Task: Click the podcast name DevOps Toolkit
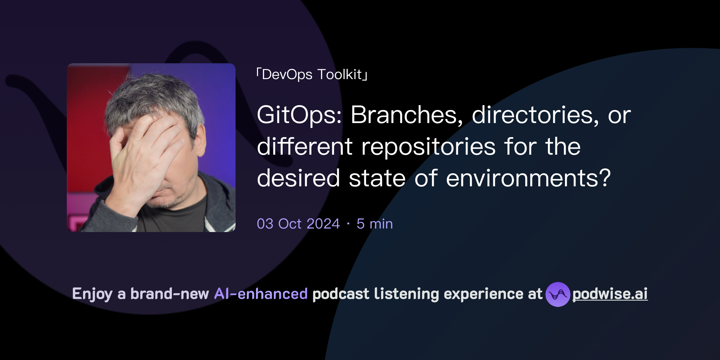point(312,75)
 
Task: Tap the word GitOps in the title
point(299,115)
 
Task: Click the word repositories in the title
point(429,147)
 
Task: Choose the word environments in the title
point(528,178)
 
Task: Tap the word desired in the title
point(298,178)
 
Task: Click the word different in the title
point(305,147)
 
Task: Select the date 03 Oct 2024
point(298,224)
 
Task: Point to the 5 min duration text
point(374,224)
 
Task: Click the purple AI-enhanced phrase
point(261,294)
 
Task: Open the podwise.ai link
point(610,294)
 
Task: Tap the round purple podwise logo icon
point(558,294)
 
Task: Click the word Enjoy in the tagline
point(92,294)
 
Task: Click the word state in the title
point(377,178)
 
